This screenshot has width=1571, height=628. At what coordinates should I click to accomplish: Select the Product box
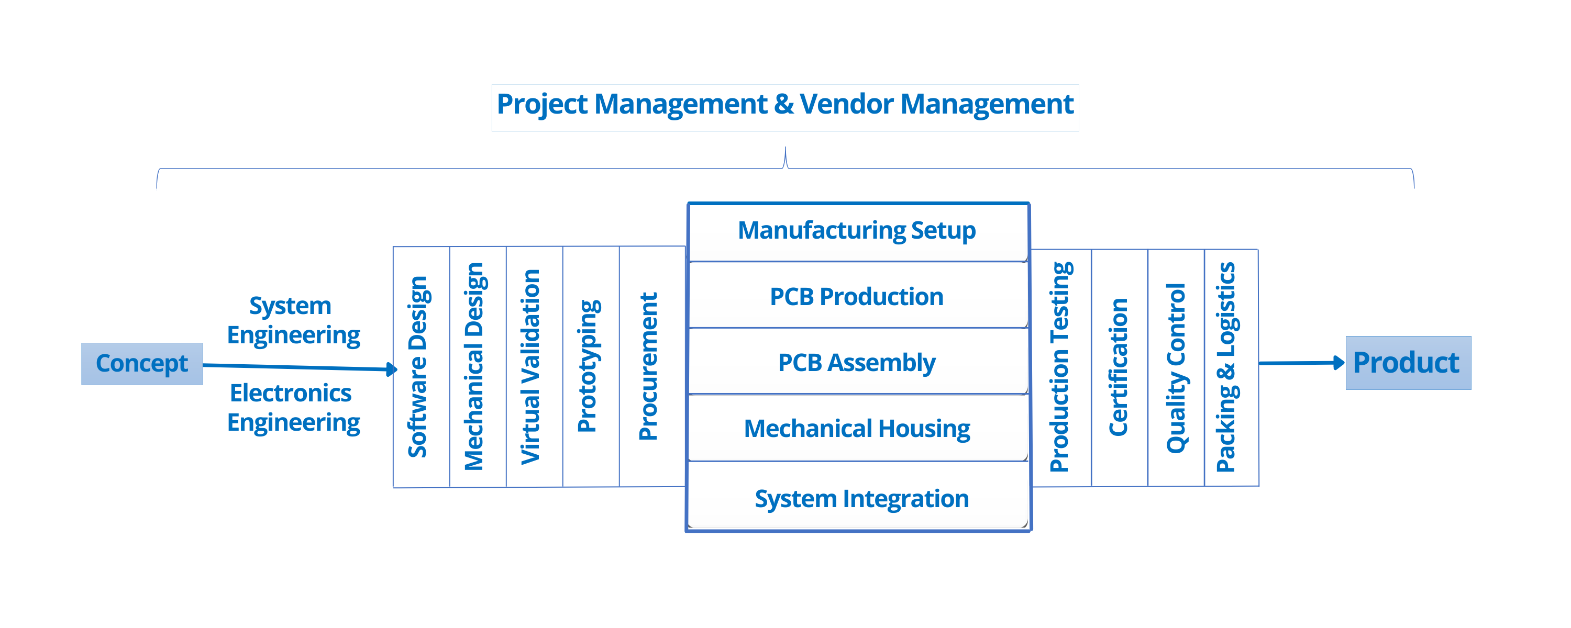point(1408,363)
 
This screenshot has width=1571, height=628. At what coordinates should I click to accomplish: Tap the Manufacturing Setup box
point(857,231)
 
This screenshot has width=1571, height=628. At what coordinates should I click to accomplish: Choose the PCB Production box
point(857,296)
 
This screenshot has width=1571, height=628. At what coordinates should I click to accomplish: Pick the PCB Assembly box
point(857,362)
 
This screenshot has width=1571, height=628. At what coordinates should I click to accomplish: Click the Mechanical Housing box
point(857,428)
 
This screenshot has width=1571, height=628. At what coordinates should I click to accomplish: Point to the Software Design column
point(421,366)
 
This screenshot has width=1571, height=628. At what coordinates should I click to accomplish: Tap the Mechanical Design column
point(478,366)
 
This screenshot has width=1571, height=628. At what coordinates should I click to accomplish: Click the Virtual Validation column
point(534,366)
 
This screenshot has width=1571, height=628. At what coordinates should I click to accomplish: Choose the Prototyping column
point(590,366)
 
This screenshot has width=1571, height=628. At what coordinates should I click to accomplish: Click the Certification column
point(1119,367)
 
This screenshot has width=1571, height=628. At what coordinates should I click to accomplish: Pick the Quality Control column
point(1176,367)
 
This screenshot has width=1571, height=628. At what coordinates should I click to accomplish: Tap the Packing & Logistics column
point(1231,367)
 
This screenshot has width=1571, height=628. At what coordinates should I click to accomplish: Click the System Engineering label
point(293,320)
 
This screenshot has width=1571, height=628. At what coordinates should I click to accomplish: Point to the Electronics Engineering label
point(293,407)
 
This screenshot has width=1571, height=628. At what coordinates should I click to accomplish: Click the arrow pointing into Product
point(1301,363)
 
